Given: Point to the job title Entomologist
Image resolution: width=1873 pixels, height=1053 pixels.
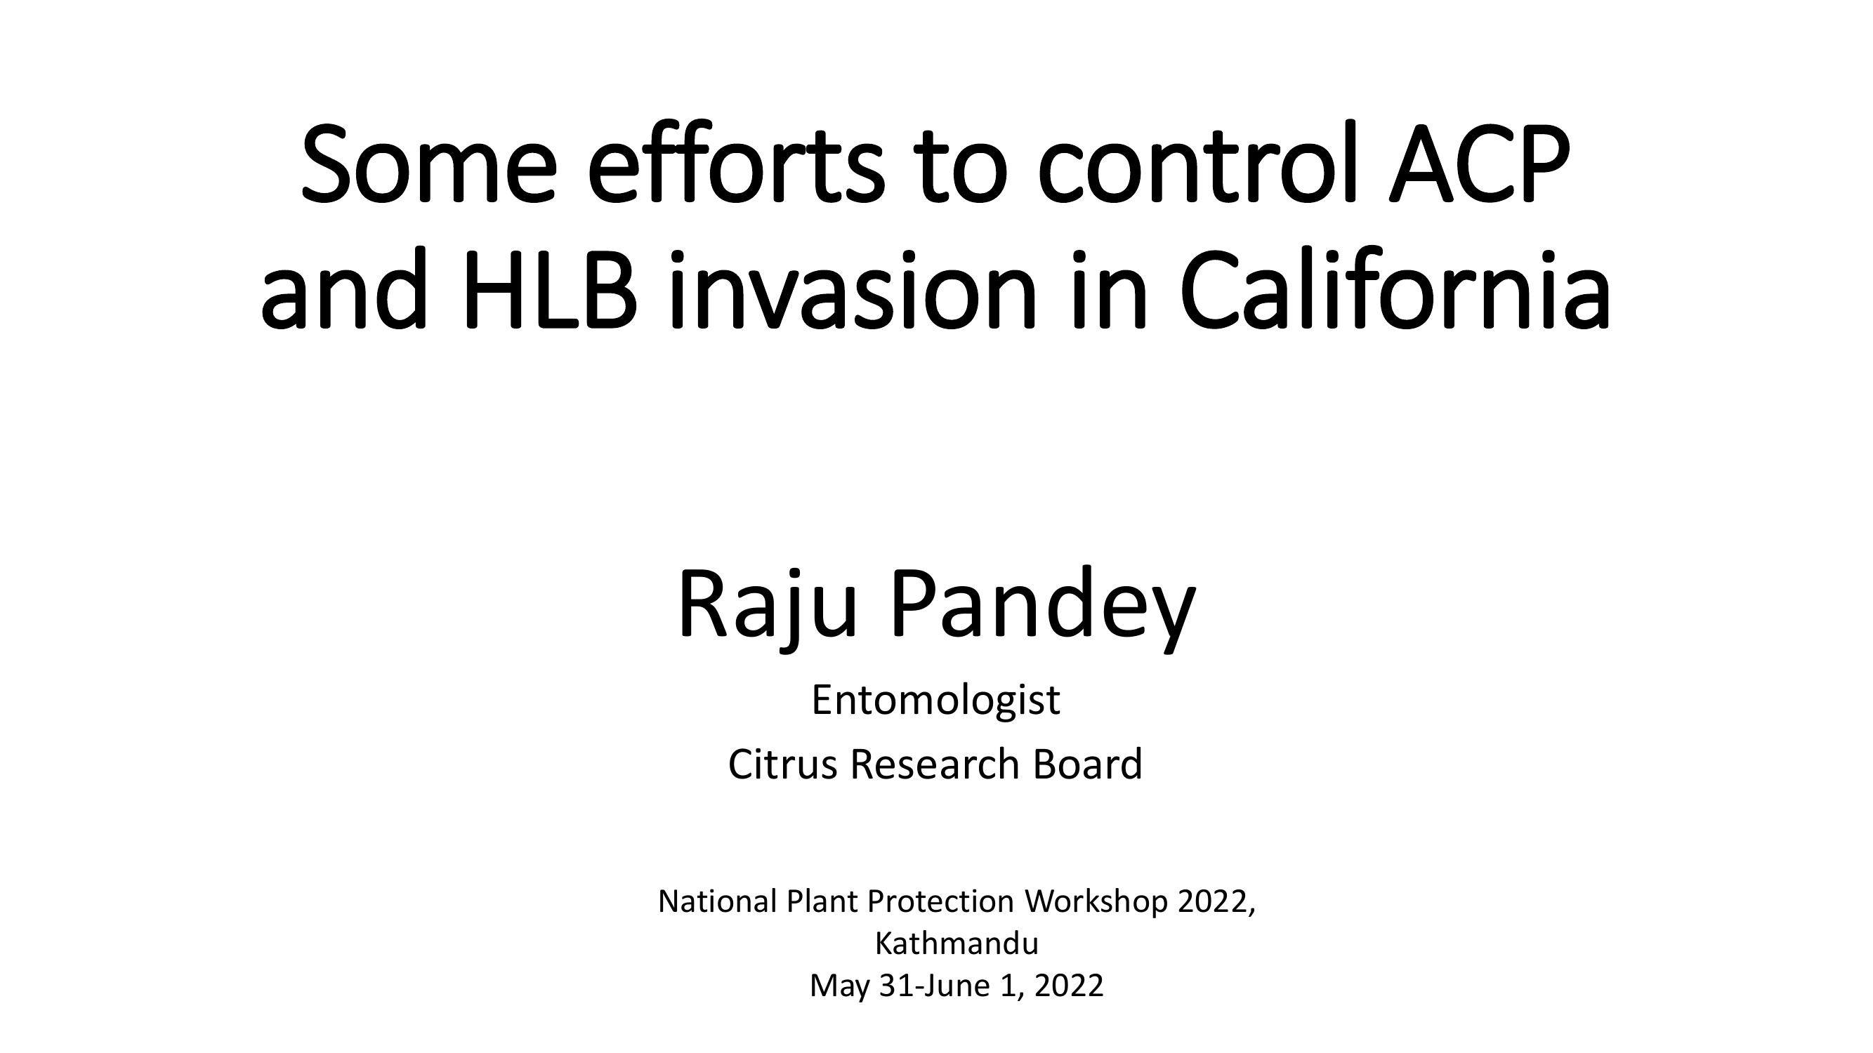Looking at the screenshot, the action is coord(935,701).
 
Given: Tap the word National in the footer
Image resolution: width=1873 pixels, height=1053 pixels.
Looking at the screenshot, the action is coord(718,902).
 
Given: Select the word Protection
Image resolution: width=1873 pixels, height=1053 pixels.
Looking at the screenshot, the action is coord(941,902).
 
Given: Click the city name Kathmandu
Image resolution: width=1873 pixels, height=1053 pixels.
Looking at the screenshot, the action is coord(956,944).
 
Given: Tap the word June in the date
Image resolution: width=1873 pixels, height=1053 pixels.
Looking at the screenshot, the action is coord(959,986).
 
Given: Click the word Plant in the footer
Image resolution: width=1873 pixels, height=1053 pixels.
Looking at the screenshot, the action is coord(822,902).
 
